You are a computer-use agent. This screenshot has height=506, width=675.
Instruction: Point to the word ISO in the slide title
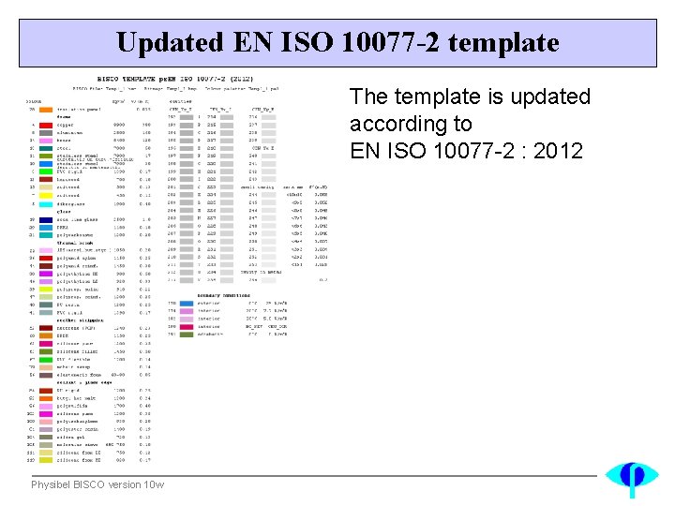pos(309,42)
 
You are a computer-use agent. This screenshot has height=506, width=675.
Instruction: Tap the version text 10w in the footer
pos(155,484)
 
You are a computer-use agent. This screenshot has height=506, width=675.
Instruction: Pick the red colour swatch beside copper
pos(45,124)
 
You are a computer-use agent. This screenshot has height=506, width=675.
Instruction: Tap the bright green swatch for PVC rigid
pos(45,171)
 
